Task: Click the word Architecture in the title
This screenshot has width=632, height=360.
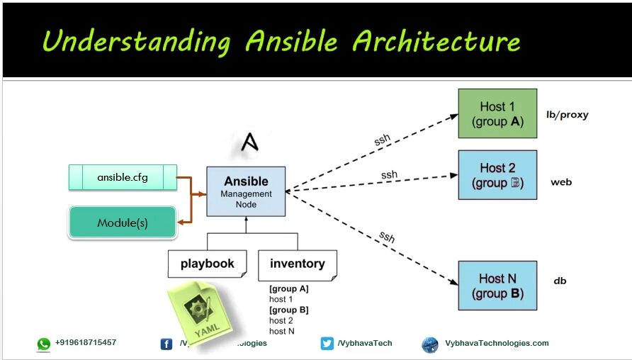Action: pos(436,42)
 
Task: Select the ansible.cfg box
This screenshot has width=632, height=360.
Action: pos(123,177)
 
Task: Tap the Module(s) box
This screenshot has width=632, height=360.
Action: pos(122,223)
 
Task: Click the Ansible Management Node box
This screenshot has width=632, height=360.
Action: pos(246,191)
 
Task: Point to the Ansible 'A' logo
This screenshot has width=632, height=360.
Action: pos(249,142)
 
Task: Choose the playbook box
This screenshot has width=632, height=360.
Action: pos(207,264)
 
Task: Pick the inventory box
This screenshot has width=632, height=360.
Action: pos(297,264)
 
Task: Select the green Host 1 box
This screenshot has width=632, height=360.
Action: pos(497,113)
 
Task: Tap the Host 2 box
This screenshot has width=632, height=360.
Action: pos(497,174)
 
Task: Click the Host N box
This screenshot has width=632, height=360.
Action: pos(497,286)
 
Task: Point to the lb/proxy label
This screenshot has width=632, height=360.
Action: pos(567,115)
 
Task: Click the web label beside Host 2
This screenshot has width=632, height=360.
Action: pos(561,182)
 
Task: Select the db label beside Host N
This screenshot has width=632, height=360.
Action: pos(560,281)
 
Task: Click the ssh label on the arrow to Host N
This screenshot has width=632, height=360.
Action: pos(386,236)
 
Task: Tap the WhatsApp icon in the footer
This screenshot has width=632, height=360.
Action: pos(44,344)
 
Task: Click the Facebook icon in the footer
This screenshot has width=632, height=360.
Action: pos(167,344)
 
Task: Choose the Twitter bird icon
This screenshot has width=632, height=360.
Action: pos(327,344)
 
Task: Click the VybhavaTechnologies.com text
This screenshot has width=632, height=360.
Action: pos(497,343)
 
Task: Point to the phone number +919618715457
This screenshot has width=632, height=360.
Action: pos(86,342)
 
